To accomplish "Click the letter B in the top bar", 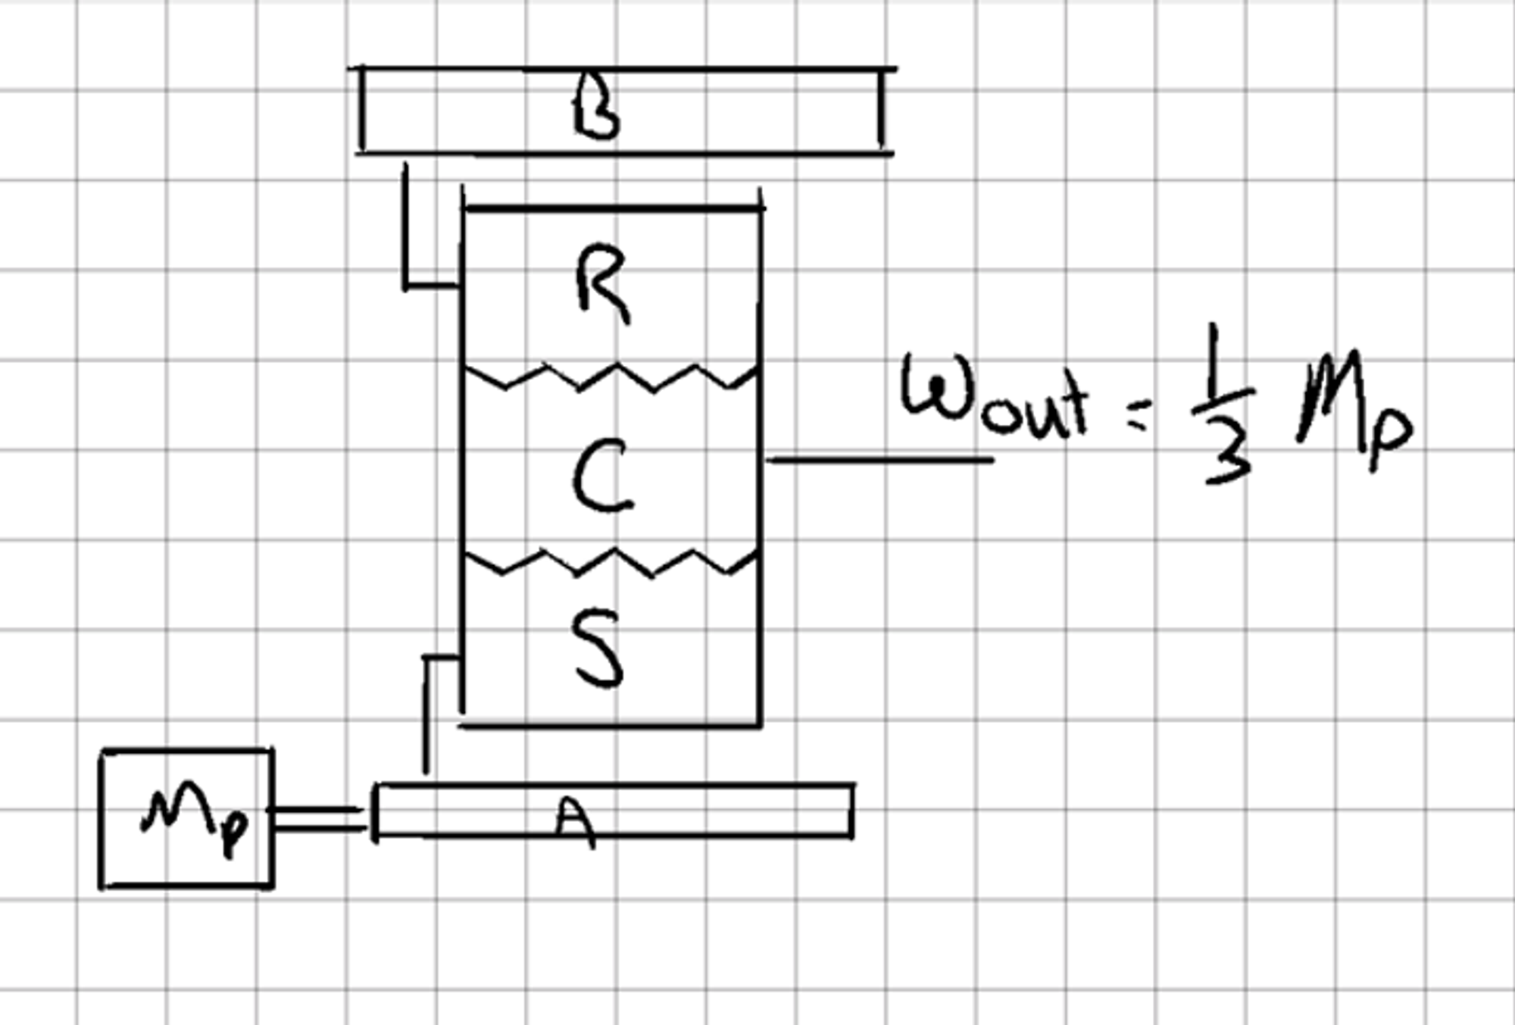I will [597, 111].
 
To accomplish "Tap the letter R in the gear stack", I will [602, 283].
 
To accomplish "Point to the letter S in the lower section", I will [599, 650].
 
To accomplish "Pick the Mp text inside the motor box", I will [195, 821].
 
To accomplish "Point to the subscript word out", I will [1034, 410].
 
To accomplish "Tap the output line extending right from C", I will [879, 459].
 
